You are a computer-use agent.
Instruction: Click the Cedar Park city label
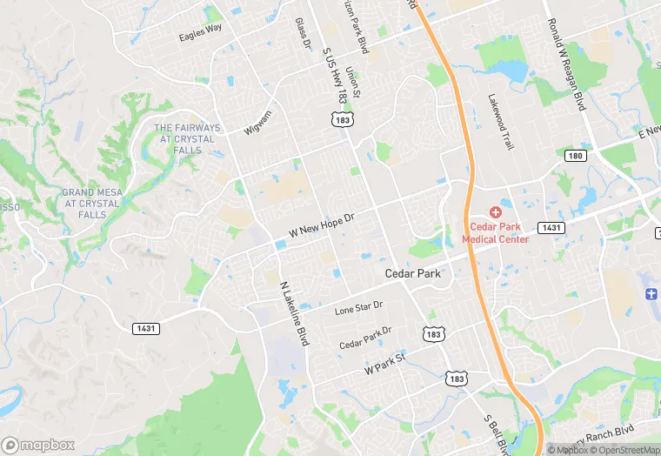click(x=413, y=273)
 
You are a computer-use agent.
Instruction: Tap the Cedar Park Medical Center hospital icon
click(x=495, y=211)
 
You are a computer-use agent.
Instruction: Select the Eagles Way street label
click(x=200, y=32)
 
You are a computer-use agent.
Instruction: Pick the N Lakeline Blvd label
click(x=294, y=313)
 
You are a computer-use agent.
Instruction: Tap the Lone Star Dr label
click(x=359, y=309)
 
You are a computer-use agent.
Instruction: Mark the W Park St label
click(x=385, y=364)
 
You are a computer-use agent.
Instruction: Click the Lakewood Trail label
click(x=500, y=122)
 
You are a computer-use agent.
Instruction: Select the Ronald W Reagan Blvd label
click(x=565, y=65)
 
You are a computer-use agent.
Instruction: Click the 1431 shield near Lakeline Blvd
click(x=145, y=328)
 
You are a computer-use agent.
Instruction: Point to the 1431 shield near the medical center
click(x=551, y=227)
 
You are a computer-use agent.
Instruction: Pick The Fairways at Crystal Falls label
click(x=187, y=139)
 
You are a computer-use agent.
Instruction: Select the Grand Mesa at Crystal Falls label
click(x=91, y=203)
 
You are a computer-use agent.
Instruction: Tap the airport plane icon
click(x=651, y=294)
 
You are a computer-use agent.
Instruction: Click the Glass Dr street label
click(x=303, y=33)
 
